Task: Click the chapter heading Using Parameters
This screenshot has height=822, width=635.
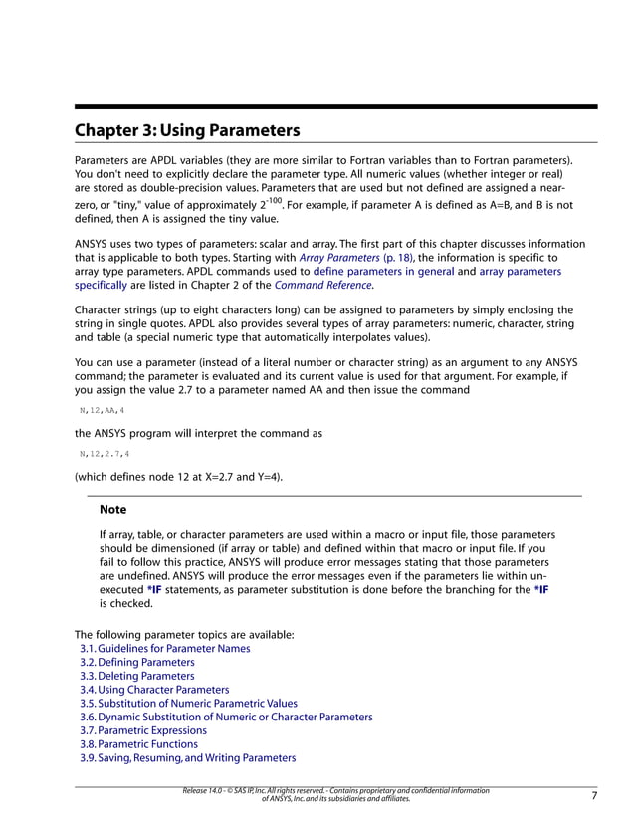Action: [x=187, y=130]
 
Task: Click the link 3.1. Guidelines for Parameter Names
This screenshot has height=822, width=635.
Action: [x=164, y=648]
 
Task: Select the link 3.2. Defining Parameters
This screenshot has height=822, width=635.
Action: [x=136, y=662]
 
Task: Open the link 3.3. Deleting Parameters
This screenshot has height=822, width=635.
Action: [x=136, y=676]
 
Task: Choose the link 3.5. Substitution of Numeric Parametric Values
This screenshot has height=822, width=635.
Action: [x=187, y=703]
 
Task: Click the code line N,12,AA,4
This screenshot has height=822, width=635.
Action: [x=103, y=410]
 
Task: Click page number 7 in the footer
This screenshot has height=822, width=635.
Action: [x=593, y=796]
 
